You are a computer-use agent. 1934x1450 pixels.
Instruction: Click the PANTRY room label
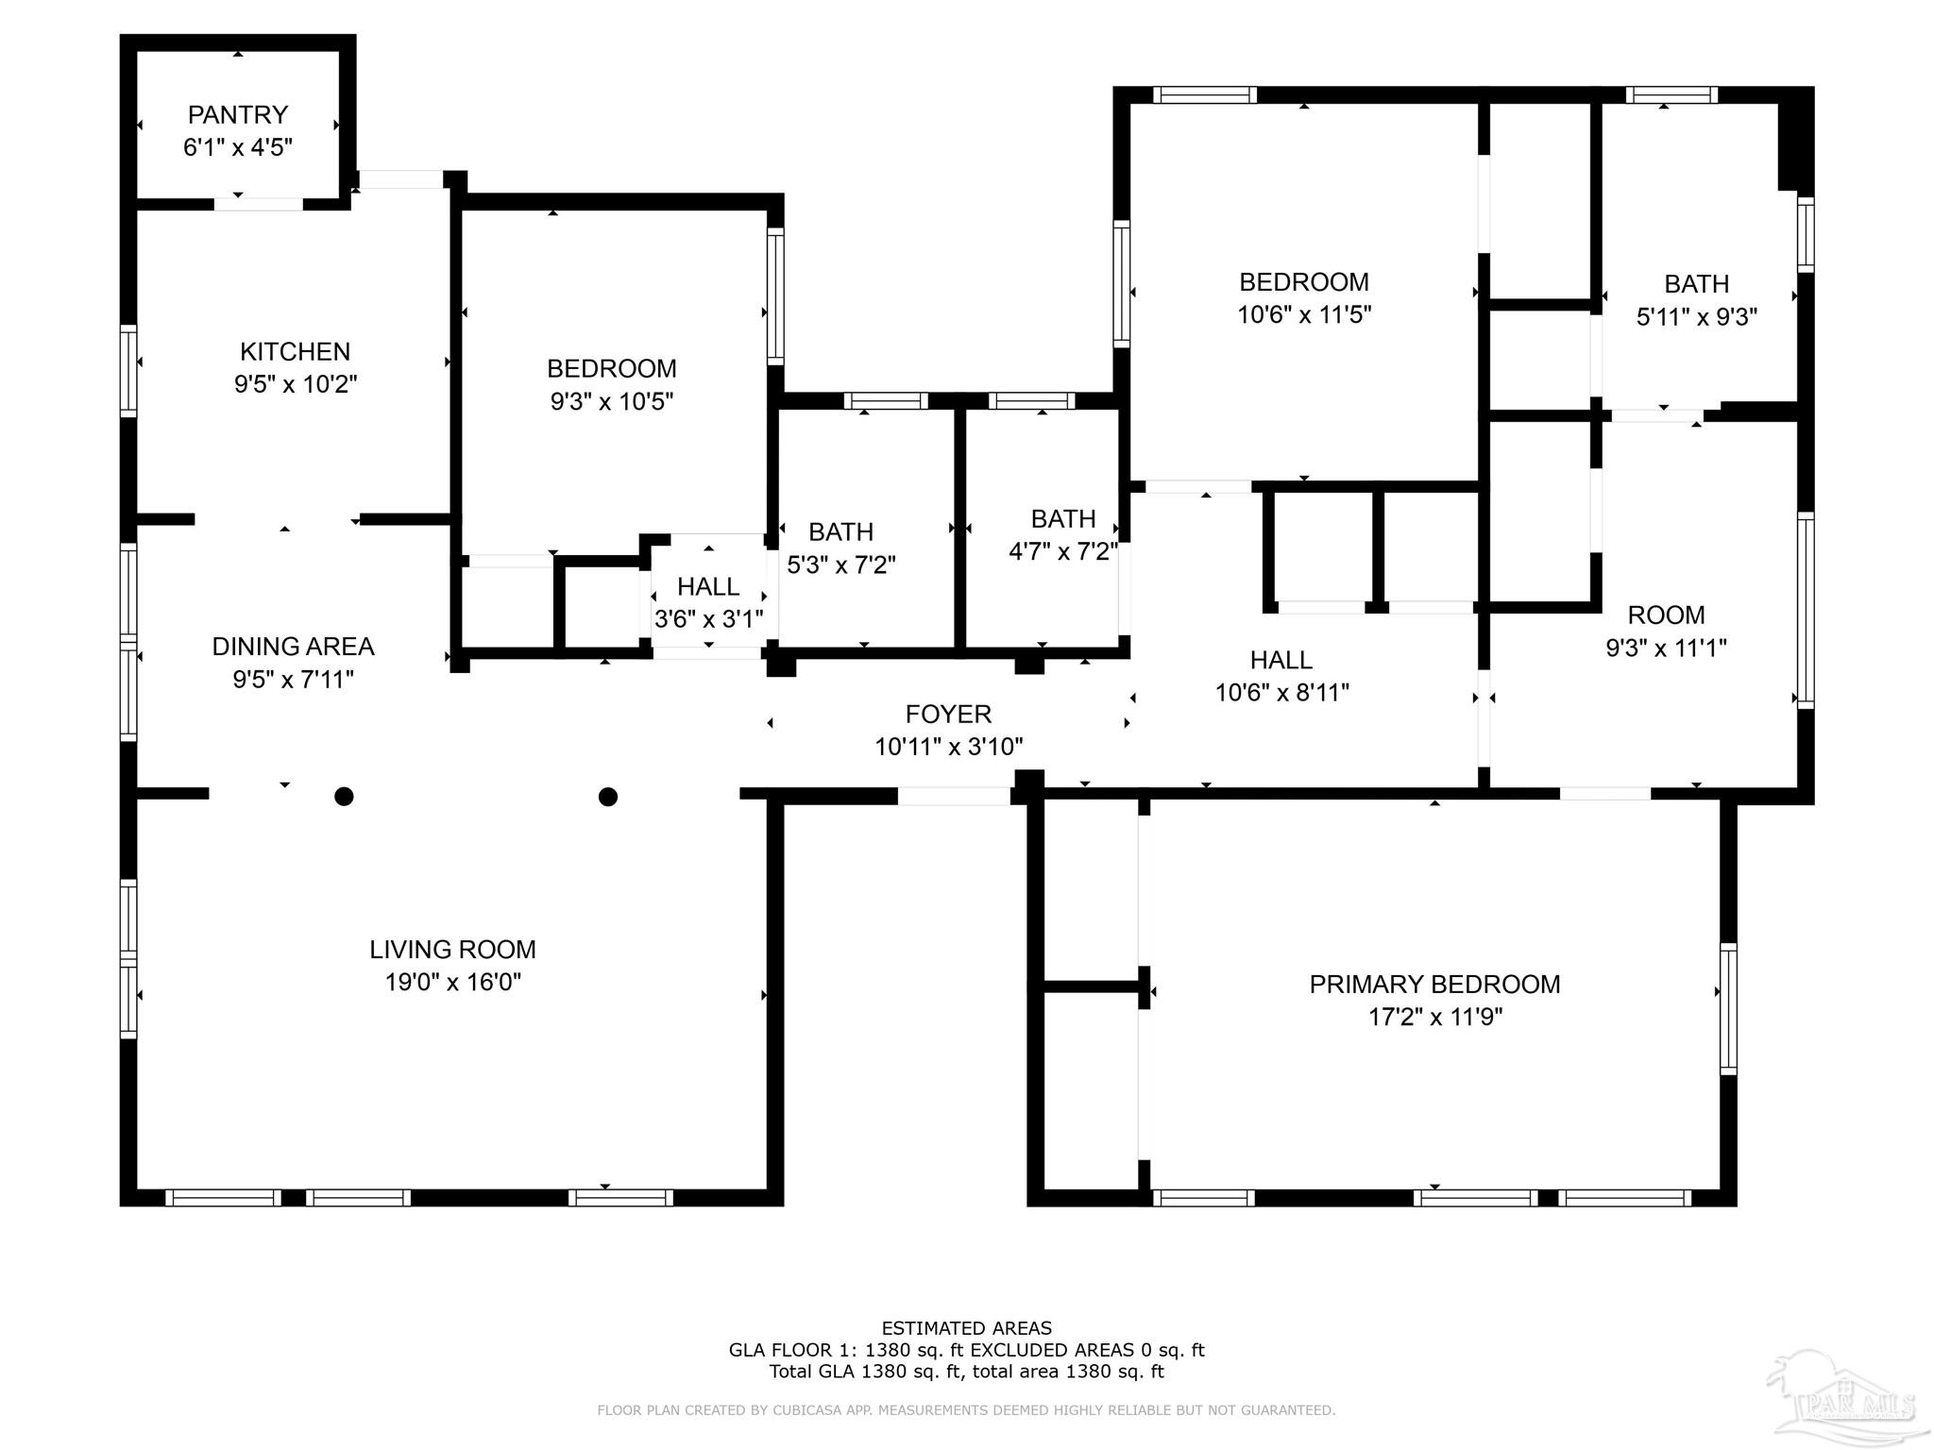click(237, 115)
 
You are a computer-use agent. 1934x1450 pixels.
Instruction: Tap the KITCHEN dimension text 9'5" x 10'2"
click(296, 384)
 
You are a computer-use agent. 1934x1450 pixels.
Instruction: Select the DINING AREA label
click(293, 647)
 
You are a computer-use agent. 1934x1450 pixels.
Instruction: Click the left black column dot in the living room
click(345, 797)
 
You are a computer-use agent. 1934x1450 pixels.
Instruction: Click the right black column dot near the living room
click(608, 797)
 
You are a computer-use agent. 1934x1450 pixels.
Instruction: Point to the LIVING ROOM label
click(452, 950)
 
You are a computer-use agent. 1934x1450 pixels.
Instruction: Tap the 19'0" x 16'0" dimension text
click(452, 983)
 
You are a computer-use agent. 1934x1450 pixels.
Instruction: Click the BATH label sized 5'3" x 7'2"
click(840, 532)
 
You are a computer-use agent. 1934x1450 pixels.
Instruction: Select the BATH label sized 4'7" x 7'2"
click(1063, 519)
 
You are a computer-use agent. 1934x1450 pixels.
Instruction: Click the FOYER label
click(948, 715)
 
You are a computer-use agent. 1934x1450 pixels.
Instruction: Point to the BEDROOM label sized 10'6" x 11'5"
click(1304, 282)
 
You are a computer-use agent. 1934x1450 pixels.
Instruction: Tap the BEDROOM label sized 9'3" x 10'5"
click(612, 369)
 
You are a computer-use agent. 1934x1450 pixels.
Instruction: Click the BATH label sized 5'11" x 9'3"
click(1697, 284)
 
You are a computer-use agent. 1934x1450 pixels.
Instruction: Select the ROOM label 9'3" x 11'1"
click(1666, 615)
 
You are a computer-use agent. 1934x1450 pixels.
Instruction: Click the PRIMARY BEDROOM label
click(1434, 985)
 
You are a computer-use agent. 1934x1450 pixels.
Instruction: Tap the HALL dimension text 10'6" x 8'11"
click(1281, 693)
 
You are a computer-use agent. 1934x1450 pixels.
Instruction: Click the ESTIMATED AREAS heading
click(966, 1328)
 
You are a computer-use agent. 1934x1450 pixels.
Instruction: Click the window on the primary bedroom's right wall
click(1727, 1008)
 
